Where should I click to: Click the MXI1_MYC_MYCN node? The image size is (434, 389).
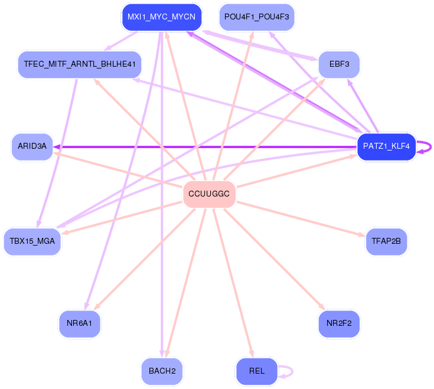click(161, 17)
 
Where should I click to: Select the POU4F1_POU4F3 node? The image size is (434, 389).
click(256, 17)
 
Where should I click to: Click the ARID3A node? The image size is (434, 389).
click(32, 147)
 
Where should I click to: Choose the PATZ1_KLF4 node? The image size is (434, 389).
click(386, 147)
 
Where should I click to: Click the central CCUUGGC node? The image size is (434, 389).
click(209, 194)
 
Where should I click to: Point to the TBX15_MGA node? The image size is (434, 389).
click(32, 241)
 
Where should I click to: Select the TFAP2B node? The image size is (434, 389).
click(386, 241)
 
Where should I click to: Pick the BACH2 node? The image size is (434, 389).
click(162, 371)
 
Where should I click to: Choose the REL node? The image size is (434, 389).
click(256, 371)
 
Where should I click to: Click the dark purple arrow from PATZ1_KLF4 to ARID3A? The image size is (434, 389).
click(207, 147)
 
